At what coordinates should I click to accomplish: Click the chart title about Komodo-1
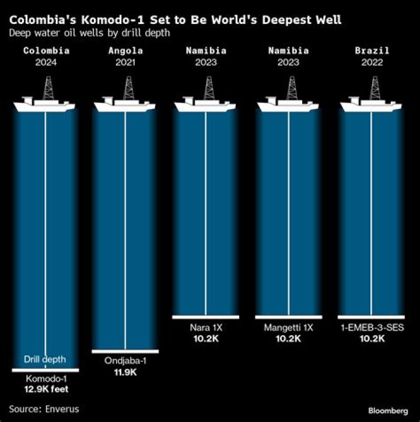(x=175, y=20)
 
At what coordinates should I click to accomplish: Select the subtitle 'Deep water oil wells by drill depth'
(x=89, y=33)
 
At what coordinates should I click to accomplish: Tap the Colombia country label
(x=46, y=50)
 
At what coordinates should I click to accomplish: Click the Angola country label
(x=125, y=50)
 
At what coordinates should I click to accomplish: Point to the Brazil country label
(x=372, y=50)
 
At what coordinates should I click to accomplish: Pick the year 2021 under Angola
(x=125, y=62)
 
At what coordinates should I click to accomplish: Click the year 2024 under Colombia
(x=46, y=62)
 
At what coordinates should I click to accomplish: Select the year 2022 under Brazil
(x=372, y=62)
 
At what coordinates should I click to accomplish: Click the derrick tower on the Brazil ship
(x=375, y=88)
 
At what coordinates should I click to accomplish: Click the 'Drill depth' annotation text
(x=45, y=360)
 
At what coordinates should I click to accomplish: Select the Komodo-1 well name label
(x=46, y=379)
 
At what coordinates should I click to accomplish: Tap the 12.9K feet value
(x=46, y=389)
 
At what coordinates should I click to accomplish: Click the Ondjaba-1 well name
(x=125, y=361)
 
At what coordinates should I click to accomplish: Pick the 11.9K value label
(x=125, y=372)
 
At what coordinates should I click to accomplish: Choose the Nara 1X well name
(x=206, y=327)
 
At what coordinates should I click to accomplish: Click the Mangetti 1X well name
(x=288, y=327)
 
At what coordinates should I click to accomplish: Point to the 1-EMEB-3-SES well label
(x=372, y=327)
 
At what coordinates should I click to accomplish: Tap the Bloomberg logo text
(x=388, y=411)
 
